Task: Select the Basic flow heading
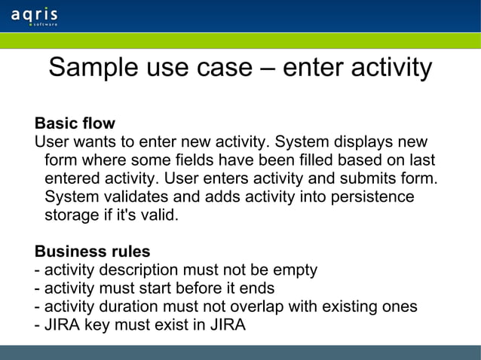[75, 123]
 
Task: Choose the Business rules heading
[92, 251]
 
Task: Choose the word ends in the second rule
[257, 288]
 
